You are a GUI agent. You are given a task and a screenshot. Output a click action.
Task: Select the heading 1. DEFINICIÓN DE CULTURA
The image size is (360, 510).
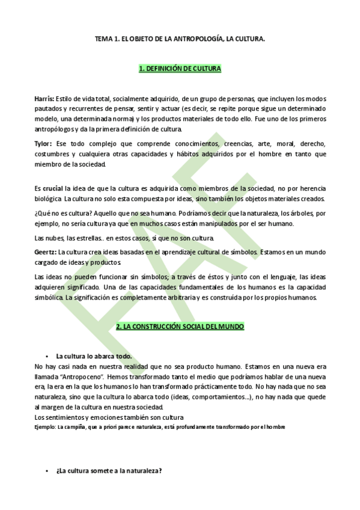[x=180, y=70]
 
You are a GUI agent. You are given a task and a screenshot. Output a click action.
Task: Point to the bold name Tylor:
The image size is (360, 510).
[x=44, y=144]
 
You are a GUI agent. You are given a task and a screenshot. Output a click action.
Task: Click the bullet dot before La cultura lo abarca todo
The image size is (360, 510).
[x=46, y=356]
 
